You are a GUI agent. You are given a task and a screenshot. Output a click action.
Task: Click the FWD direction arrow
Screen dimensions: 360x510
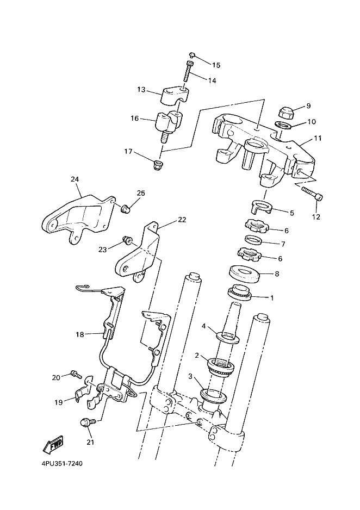(x=53, y=445)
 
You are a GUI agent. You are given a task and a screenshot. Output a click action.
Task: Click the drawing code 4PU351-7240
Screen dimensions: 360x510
(x=63, y=463)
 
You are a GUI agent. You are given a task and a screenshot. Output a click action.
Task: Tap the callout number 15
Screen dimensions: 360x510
(x=216, y=65)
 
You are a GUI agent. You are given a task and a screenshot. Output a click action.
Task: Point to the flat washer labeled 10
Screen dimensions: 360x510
(x=283, y=125)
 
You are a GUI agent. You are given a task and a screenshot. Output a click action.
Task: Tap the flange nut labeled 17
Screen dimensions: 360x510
(x=158, y=165)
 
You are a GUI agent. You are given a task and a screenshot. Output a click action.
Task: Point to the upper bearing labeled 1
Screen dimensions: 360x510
(x=240, y=292)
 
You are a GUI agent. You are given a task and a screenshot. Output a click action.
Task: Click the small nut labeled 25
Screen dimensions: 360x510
(x=126, y=208)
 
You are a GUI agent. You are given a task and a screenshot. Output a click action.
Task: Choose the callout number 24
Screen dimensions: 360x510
(x=75, y=179)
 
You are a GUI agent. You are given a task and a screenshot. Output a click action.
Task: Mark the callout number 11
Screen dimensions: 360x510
(x=318, y=138)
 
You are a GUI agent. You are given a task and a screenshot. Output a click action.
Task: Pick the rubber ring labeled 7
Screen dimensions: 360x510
(x=253, y=241)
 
